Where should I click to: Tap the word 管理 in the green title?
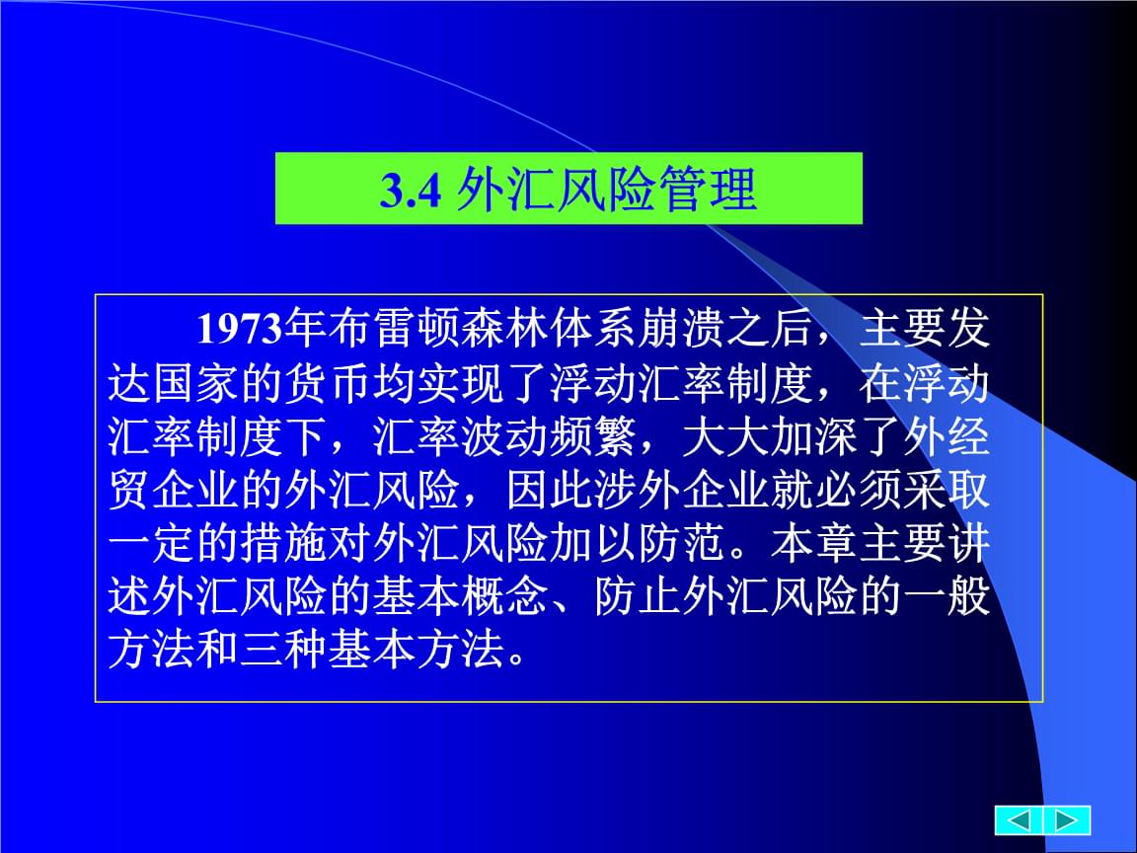click(711, 190)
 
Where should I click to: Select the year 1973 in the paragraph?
click(239, 329)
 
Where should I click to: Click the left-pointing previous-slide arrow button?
click(1019, 820)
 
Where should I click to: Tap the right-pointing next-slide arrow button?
click(1067, 820)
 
